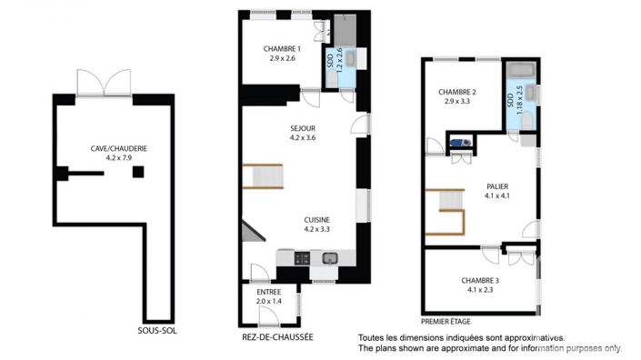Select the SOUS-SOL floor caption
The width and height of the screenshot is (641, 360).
157,331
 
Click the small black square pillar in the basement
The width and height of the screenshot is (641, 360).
137,171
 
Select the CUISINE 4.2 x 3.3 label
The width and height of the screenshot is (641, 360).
317,224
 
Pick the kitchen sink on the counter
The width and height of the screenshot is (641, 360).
328,258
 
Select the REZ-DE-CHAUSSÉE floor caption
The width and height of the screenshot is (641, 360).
277,336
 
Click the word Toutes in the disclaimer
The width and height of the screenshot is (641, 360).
372,336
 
